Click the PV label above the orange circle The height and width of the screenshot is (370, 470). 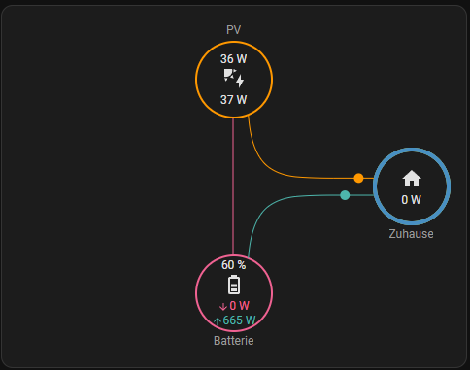pos(233,30)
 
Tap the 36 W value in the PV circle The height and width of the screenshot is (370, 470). pos(233,59)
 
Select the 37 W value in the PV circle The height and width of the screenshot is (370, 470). pos(233,100)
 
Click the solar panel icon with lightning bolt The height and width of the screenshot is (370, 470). pos(234,78)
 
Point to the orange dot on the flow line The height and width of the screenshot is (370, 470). pos(358,178)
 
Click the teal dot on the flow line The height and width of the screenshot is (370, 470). pos(345,195)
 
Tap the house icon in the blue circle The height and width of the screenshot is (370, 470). pos(412,179)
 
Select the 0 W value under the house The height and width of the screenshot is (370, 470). pos(412,200)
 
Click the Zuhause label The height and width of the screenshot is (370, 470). pos(411,234)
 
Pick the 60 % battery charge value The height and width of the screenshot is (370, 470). pos(233,265)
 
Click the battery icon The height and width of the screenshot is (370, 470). pos(234,285)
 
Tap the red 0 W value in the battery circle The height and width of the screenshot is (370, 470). pos(239,305)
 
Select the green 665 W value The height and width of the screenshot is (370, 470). pos(239,320)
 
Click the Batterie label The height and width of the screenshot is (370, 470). pos(234,341)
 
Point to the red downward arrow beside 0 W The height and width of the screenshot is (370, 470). pos(223,306)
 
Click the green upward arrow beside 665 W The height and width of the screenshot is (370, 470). pos(218,321)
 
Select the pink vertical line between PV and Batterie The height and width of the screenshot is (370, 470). pos(233,186)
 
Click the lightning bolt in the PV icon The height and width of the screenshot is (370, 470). pos(240,82)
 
